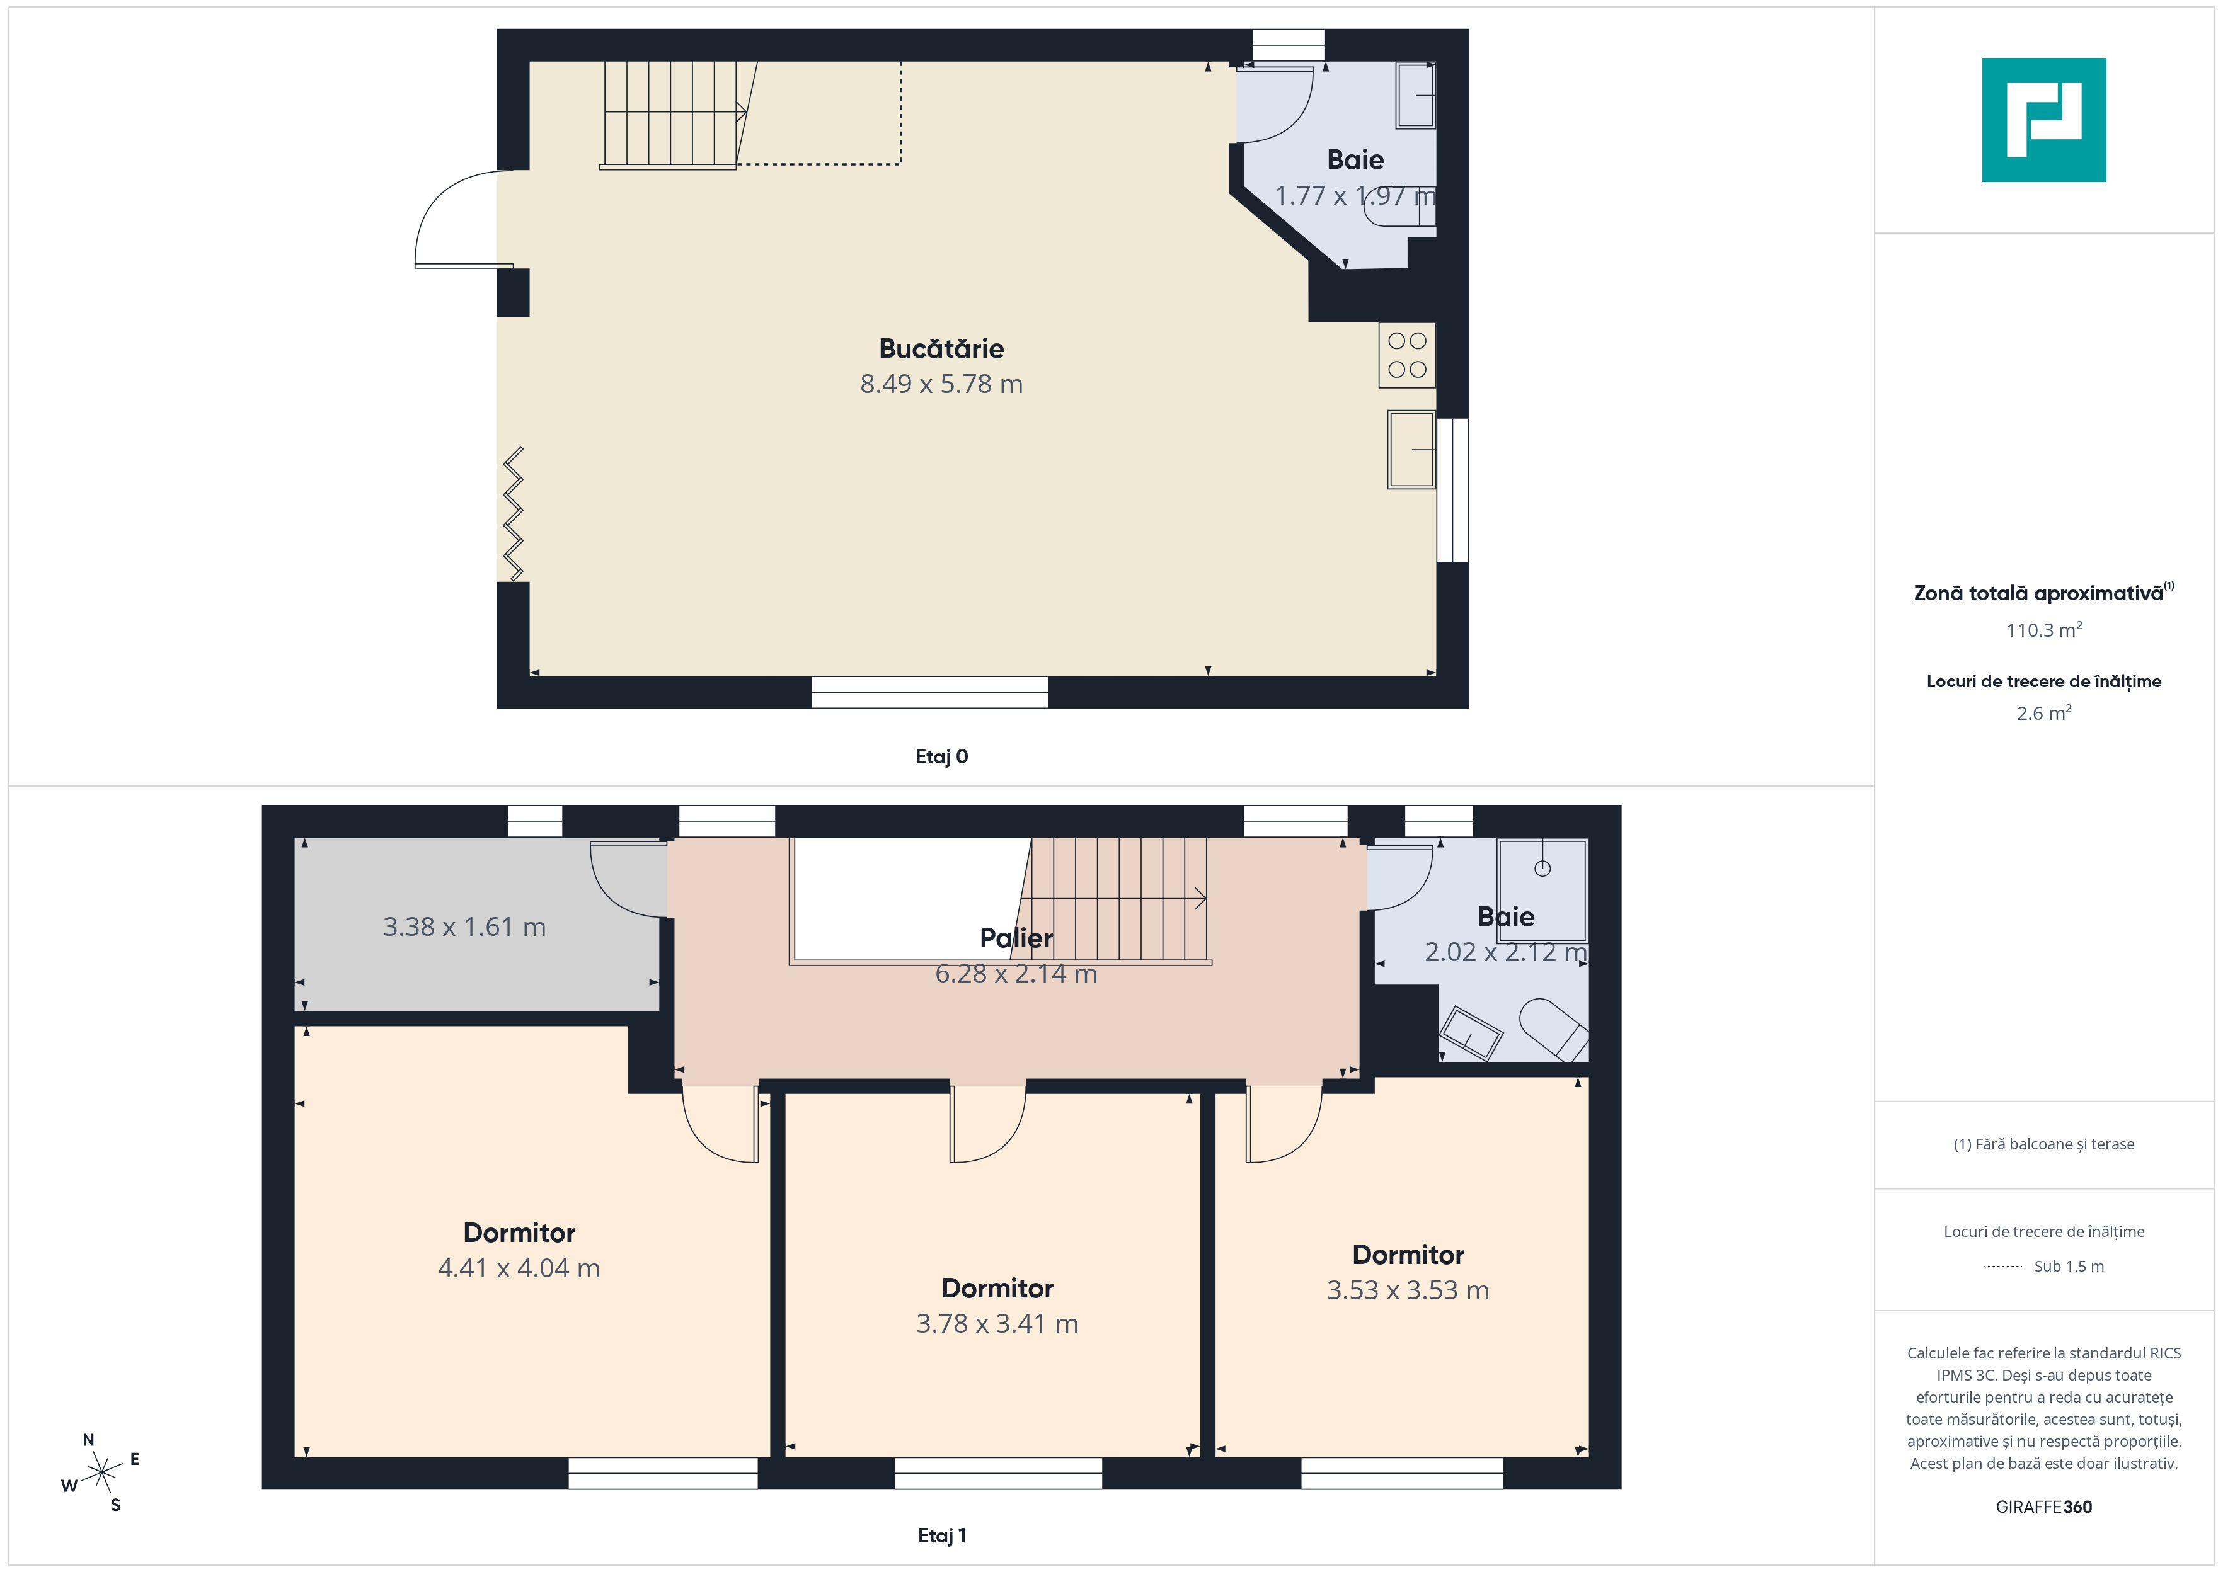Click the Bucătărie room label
click(941, 348)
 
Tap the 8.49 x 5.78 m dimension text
click(941, 384)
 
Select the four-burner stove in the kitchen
click(1407, 355)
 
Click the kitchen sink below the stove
click(1411, 450)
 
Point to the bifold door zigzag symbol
click(513, 514)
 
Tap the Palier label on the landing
click(1016, 938)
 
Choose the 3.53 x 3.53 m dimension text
click(1408, 1290)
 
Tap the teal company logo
click(2044, 120)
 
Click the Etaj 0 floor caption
click(941, 757)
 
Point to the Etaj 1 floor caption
click(941, 1535)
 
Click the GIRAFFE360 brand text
click(2044, 1507)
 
